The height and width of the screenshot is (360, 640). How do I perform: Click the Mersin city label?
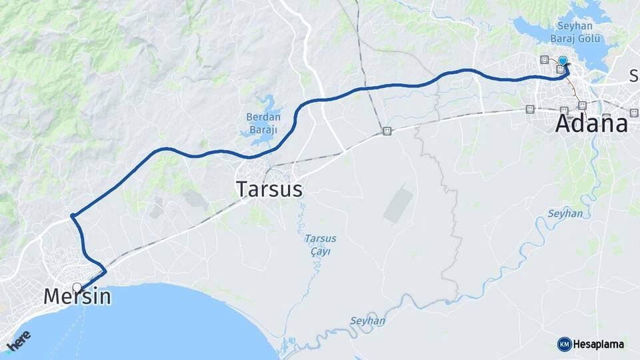coord(77,297)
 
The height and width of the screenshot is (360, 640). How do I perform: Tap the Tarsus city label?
coord(269,189)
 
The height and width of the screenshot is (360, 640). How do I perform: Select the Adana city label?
coord(591,124)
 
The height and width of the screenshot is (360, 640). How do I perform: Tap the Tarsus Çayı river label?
coord(320,245)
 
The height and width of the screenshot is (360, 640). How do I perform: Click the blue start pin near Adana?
coord(563,61)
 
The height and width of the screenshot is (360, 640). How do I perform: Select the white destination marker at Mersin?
coord(77,288)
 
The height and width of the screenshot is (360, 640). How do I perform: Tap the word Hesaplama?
coord(598,344)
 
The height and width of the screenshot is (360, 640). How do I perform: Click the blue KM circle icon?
coord(564,344)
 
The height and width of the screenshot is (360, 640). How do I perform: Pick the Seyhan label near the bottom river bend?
coord(367,321)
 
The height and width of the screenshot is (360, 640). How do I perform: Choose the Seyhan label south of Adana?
coord(565,213)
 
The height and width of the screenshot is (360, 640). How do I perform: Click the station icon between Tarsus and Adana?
coord(387,131)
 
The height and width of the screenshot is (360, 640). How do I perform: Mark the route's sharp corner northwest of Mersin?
coord(72,216)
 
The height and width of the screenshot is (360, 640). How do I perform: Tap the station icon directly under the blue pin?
coord(560,69)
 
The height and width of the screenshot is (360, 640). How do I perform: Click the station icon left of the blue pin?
coord(545,59)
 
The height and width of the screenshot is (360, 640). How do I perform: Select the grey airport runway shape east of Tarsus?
coord(398,204)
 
